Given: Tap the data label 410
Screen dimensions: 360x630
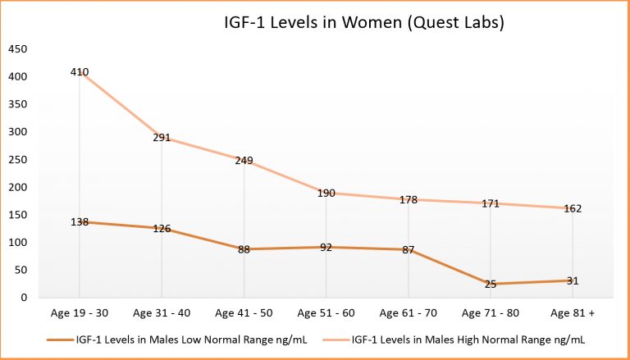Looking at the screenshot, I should [x=80, y=71].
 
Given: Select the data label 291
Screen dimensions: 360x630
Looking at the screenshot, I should [x=162, y=138].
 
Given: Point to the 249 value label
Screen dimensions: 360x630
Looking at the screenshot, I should [x=244, y=161].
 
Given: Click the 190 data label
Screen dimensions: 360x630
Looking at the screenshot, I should [x=326, y=194].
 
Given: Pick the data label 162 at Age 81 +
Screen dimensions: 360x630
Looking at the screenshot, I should [x=572, y=208].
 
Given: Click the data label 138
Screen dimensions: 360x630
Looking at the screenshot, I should [x=80, y=222].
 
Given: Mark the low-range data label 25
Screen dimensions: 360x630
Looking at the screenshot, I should [x=490, y=284].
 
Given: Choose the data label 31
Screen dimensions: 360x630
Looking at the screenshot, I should [x=572, y=280].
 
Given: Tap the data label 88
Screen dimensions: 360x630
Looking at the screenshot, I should [x=244, y=249].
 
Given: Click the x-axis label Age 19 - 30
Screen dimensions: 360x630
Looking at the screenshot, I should [x=80, y=312].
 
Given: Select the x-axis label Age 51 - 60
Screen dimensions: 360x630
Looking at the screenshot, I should [x=326, y=312].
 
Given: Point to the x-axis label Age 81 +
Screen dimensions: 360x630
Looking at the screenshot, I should [x=572, y=312].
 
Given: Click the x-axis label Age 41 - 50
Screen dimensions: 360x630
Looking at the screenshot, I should [x=244, y=312].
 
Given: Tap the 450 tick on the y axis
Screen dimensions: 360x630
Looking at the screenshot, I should [x=16, y=48].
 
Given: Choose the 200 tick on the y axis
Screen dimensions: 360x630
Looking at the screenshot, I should [x=16, y=187].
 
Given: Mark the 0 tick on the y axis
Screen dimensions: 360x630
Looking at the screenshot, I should [x=23, y=298].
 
